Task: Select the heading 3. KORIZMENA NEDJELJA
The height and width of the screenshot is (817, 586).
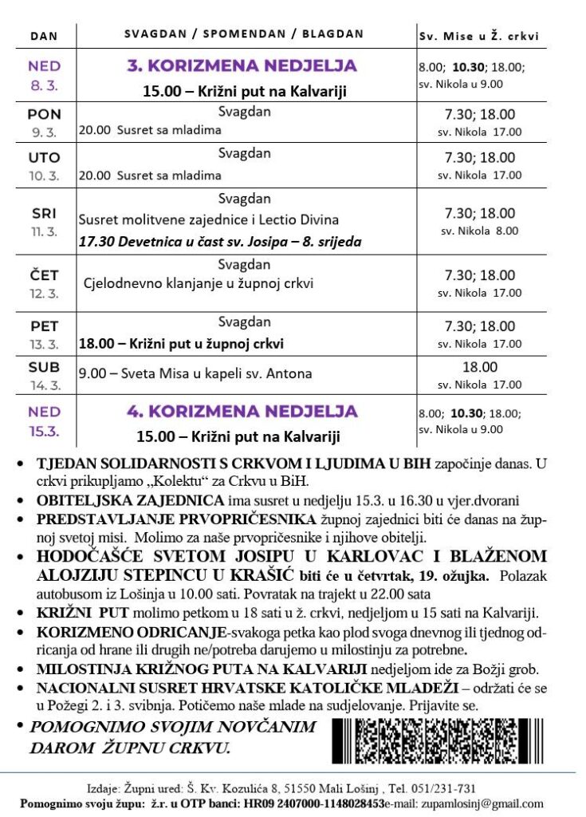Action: [242, 66]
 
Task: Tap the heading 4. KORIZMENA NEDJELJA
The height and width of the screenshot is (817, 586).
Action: [242, 412]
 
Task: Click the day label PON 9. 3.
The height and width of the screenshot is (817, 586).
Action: [45, 122]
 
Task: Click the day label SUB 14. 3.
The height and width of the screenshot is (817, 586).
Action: [45, 374]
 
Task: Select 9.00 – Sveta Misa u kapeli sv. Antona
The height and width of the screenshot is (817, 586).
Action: [195, 373]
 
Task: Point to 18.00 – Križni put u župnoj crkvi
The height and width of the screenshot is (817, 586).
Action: [181, 344]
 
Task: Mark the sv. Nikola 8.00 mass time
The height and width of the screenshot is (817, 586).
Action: [480, 231]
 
